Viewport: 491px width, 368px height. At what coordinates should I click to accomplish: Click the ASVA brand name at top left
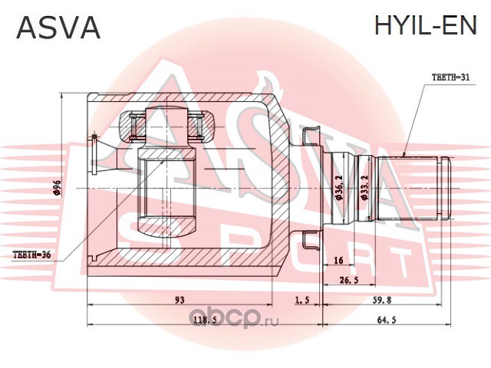pyautogui.click(x=58, y=27)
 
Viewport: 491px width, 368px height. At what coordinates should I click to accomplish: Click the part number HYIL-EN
pyautogui.click(x=426, y=25)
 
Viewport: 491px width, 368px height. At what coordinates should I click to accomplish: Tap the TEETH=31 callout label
pyautogui.click(x=451, y=77)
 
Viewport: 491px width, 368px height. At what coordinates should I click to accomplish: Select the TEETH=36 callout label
pyautogui.click(x=31, y=255)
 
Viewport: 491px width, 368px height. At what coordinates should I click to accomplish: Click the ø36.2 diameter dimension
pyautogui.click(x=338, y=188)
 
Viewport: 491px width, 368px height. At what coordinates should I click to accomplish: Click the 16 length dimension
pyautogui.click(x=338, y=260)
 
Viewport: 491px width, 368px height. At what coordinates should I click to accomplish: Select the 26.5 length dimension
pyautogui.click(x=349, y=281)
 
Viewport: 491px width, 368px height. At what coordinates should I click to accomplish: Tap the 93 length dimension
pyautogui.click(x=180, y=300)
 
